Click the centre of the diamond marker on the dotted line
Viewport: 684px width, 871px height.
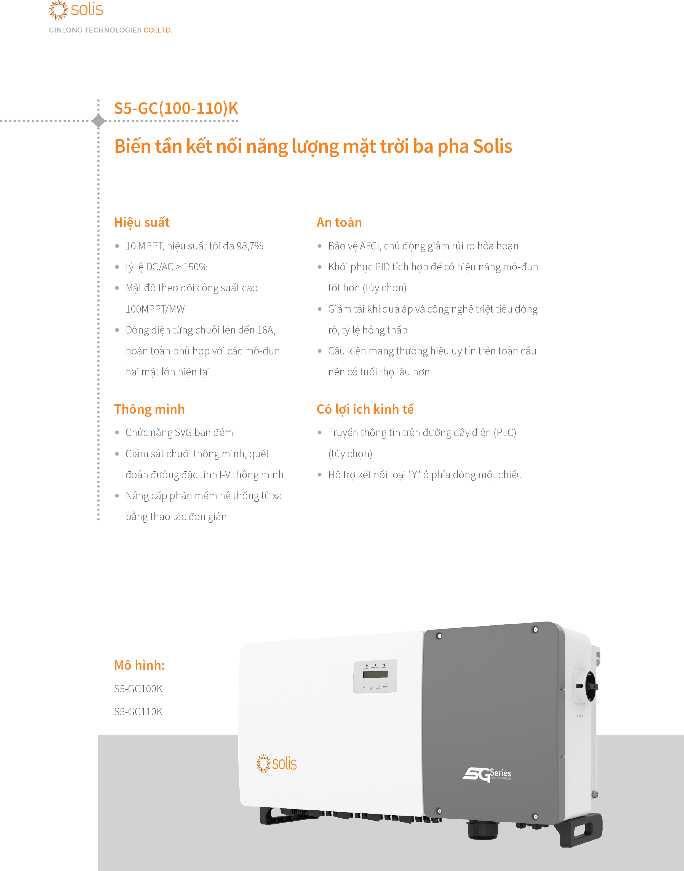click(x=98, y=120)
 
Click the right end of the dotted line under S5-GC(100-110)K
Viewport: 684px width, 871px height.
click(x=237, y=120)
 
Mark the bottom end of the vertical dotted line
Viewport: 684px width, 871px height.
click(x=98, y=519)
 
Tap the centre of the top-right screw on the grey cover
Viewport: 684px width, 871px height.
click(x=535, y=630)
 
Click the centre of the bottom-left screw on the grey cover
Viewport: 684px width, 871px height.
click(x=439, y=811)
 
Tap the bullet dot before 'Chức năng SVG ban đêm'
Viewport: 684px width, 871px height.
click(x=117, y=432)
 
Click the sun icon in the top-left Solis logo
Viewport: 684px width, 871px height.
click(x=58, y=10)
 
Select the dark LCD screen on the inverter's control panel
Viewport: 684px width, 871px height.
click(x=375, y=674)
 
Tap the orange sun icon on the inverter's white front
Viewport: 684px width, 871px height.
click(x=263, y=763)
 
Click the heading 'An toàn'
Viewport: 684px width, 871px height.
click(x=339, y=222)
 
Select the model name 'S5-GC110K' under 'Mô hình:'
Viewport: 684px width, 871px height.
click(x=138, y=712)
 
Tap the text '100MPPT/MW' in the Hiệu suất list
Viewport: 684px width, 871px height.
click(x=155, y=309)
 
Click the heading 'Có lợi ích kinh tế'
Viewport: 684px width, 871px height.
click(x=365, y=409)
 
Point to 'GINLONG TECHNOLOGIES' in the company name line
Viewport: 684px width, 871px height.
click(x=95, y=30)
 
